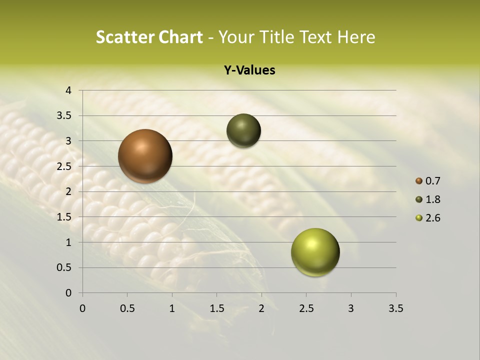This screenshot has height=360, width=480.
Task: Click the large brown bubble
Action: pyautogui.click(x=145, y=156)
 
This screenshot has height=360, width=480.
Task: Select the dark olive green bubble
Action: pyautogui.click(x=243, y=131)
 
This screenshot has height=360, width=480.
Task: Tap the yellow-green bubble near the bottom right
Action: pyautogui.click(x=315, y=252)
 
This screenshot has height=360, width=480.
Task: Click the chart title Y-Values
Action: pyautogui.click(x=249, y=70)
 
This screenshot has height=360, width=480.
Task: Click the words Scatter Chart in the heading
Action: pyautogui.click(x=149, y=37)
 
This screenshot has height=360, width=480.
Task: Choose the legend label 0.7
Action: pyautogui.click(x=432, y=180)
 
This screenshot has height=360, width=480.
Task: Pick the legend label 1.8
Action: pyautogui.click(x=432, y=199)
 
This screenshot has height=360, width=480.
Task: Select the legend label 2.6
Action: pyautogui.click(x=432, y=218)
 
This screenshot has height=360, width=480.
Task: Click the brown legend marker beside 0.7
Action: pyautogui.click(x=418, y=180)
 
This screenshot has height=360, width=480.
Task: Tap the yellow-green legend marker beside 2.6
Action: pyautogui.click(x=418, y=218)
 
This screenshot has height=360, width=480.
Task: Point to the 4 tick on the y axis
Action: pyautogui.click(x=68, y=90)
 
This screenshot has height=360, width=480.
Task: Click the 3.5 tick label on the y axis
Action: pyautogui.click(x=64, y=115)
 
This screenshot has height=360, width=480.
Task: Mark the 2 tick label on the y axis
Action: pyautogui.click(x=68, y=191)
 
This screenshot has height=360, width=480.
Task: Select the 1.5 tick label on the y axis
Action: pyautogui.click(x=64, y=217)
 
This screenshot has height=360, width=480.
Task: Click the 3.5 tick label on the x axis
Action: pyautogui.click(x=395, y=308)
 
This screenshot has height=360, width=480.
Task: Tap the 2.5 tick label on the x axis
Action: pyautogui.click(x=306, y=308)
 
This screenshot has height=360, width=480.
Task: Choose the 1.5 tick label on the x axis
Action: pyautogui.click(x=216, y=308)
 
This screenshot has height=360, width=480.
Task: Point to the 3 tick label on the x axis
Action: pyautogui.click(x=351, y=308)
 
